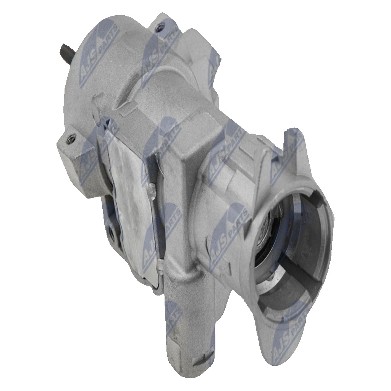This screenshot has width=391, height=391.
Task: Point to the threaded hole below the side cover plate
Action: coord(111,233)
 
